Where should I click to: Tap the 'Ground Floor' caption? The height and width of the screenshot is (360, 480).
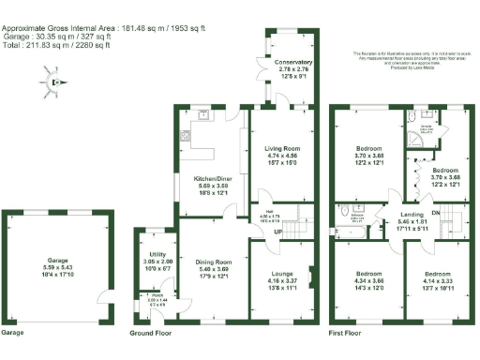151,332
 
